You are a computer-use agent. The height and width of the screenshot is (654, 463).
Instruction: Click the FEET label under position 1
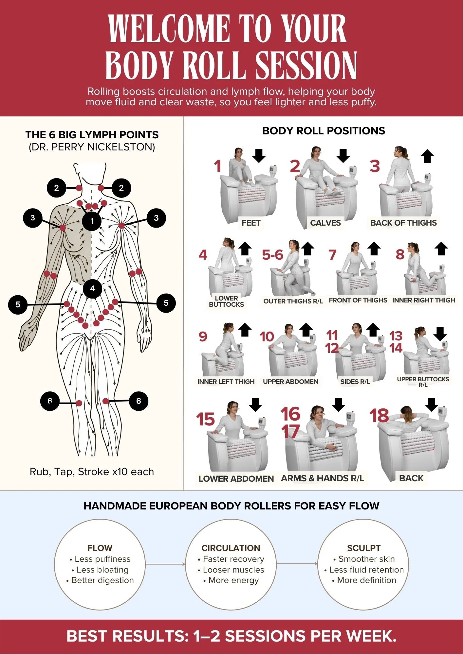click(x=251, y=223)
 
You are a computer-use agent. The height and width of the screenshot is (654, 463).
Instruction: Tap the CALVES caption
click(x=325, y=223)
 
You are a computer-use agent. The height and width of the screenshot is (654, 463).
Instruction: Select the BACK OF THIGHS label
click(x=403, y=223)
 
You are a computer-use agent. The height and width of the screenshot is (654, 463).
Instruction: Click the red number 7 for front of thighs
click(x=332, y=255)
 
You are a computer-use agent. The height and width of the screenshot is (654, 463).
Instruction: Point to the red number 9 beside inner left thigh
click(x=203, y=336)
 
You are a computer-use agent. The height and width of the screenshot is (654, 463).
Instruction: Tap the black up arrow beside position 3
click(x=427, y=156)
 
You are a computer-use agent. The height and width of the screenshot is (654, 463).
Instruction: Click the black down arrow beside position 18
click(x=432, y=404)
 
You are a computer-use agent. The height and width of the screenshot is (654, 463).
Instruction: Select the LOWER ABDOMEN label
click(x=236, y=479)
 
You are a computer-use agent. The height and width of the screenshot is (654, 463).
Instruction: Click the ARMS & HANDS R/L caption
click(x=323, y=478)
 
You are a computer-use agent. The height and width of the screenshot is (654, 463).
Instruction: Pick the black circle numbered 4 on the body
click(x=92, y=288)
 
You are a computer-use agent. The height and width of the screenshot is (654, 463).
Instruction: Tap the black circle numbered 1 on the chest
click(x=92, y=221)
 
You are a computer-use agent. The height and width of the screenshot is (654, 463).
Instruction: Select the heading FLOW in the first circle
click(x=100, y=548)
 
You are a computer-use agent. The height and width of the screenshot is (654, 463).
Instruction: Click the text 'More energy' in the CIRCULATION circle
click(x=233, y=580)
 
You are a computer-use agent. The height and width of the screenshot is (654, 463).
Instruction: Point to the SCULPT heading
click(x=363, y=548)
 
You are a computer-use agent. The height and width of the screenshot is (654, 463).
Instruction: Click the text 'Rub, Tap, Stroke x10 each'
click(x=92, y=472)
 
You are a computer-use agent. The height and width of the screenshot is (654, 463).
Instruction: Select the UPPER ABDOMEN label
click(x=290, y=382)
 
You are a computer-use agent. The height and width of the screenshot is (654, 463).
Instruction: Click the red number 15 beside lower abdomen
click(x=205, y=420)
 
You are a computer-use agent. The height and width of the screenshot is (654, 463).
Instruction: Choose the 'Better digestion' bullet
click(x=102, y=580)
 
